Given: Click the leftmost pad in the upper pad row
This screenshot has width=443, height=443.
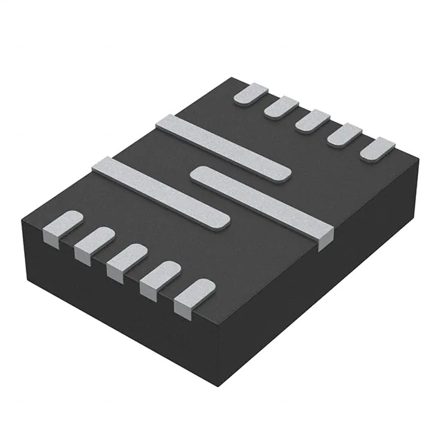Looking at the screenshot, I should [x=251, y=95].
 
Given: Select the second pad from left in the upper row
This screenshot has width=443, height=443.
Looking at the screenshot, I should [x=282, y=107].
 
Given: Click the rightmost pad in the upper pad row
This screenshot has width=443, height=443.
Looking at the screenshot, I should [x=378, y=148].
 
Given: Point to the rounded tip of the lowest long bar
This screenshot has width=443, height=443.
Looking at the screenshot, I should [x=220, y=219].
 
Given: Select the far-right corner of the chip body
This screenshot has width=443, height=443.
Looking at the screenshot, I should [x=419, y=161].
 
